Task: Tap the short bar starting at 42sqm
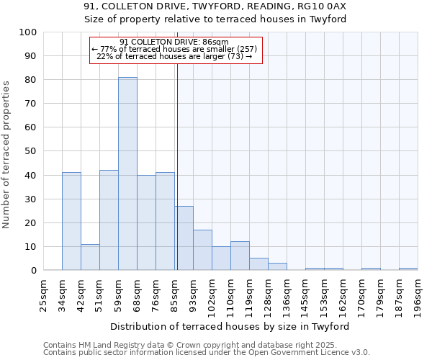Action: [x=90, y=257]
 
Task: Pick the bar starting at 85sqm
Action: [x=184, y=238]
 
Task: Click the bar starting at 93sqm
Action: [x=202, y=250]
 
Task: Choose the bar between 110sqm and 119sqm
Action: [x=240, y=256]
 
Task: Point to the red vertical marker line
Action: [x=177, y=158]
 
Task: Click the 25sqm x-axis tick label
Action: [x=43, y=294]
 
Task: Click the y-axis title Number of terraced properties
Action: [x=6, y=154]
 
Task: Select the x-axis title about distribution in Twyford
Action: [x=230, y=326]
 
